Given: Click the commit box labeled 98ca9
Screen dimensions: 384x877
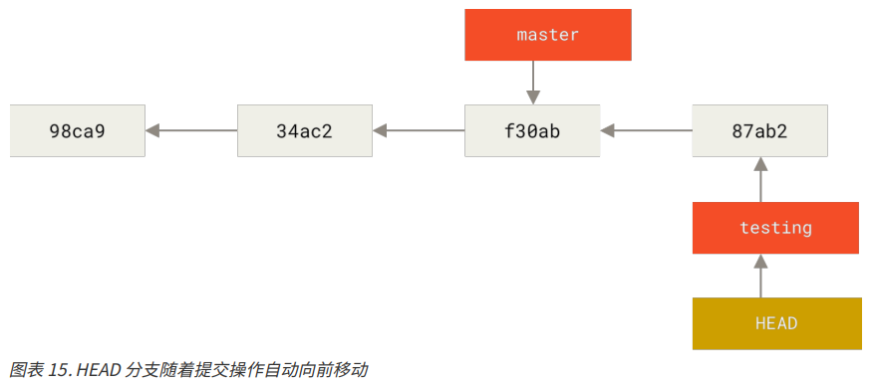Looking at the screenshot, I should coord(78,130).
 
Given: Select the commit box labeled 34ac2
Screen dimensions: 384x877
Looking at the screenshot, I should coord(304,130).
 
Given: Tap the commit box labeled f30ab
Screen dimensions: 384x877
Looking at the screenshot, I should coord(532,130).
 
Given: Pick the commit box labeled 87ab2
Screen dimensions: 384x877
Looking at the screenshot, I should coord(759,130).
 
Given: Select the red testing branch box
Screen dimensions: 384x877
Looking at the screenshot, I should coord(775,228).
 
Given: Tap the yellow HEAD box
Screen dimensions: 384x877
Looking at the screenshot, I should coord(775,323).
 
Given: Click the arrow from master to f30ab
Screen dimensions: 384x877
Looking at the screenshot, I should coord(532,80).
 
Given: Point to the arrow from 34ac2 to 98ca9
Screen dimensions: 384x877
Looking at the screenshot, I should coord(191,130).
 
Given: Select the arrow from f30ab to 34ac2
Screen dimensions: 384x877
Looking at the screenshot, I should coord(419,130).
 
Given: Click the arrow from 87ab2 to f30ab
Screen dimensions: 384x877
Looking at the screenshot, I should coord(646,130).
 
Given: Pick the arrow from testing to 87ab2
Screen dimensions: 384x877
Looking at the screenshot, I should coord(759,180).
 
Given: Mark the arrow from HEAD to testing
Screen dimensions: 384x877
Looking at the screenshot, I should coord(759,276).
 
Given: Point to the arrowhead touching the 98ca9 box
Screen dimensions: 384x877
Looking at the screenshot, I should coord(152,130).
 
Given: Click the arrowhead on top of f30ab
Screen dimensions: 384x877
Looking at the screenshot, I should coord(532,96).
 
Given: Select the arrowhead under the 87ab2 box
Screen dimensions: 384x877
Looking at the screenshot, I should coord(759,164).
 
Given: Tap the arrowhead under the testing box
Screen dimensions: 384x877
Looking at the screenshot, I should coord(759,261).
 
